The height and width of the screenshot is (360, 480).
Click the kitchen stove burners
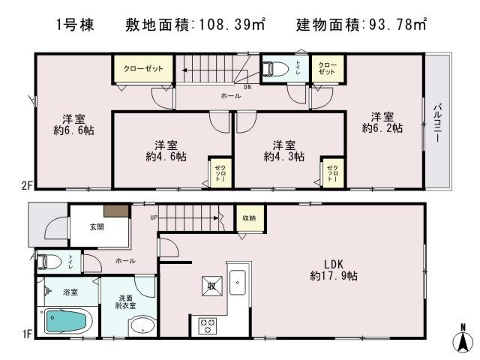[206, 325]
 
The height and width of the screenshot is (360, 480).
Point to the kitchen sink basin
[238, 283]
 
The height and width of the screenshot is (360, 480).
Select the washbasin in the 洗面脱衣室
[140, 326]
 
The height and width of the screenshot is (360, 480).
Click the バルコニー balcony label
[436, 124]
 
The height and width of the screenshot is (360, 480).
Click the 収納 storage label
[247, 217]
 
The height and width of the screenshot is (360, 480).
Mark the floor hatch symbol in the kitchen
[210, 285]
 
